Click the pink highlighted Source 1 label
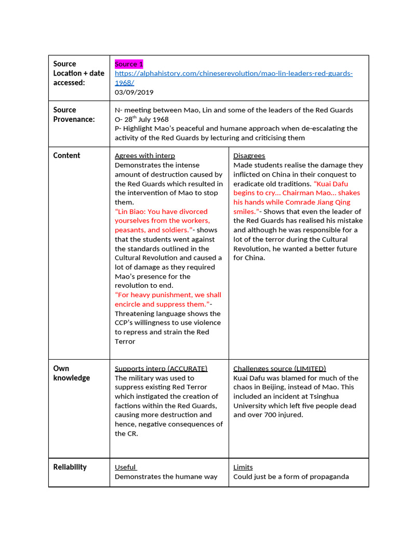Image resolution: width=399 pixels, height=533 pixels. click(129, 64)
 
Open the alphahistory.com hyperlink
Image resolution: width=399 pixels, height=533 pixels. click(233, 73)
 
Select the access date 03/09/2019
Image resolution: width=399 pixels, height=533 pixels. click(134, 92)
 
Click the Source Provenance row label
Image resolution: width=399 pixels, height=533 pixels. click(74, 115)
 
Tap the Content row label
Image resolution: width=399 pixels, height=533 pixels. click(66, 156)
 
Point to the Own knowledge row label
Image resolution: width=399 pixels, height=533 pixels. click(71, 373)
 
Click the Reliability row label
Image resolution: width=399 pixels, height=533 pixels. click(70, 467)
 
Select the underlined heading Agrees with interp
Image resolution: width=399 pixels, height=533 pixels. click(144, 156)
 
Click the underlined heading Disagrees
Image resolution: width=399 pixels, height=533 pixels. click(249, 156)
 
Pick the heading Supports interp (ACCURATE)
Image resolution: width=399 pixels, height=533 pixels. click(161, 369)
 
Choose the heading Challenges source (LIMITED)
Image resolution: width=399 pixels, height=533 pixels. click(280, 369)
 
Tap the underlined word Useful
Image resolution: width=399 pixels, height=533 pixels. click(125, 467)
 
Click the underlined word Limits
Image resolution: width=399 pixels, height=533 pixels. click(243, 467)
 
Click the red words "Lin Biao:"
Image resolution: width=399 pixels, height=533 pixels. click(130, 212)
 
